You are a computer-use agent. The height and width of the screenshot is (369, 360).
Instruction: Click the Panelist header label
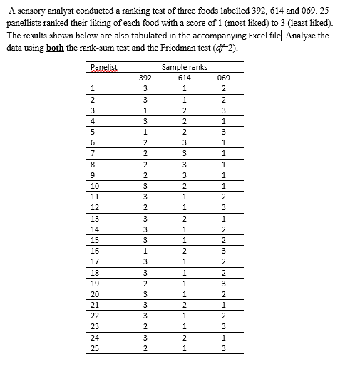(x=104, y=67)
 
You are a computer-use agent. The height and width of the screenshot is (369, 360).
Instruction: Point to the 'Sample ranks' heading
(x=184, y=67)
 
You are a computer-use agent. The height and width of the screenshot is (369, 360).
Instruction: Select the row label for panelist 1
(x=93, y=88)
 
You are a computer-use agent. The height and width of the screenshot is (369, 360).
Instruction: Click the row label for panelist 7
(x=93, y=152)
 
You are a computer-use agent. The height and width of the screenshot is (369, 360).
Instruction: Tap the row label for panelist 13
(x=95, y=218)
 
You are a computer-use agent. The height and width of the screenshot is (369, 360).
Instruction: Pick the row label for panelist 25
(x=95, y=349)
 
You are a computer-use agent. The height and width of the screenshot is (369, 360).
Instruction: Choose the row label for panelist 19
(x=95, y=284)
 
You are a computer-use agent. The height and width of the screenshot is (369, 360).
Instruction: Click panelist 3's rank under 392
(x=145, y=110)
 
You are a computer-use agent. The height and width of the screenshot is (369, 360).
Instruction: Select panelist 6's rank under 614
(x=184, y=142)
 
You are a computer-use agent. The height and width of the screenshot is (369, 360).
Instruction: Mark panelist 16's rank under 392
(x=145, y=251)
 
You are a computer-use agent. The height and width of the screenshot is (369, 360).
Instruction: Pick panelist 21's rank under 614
(x=184, y=305)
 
